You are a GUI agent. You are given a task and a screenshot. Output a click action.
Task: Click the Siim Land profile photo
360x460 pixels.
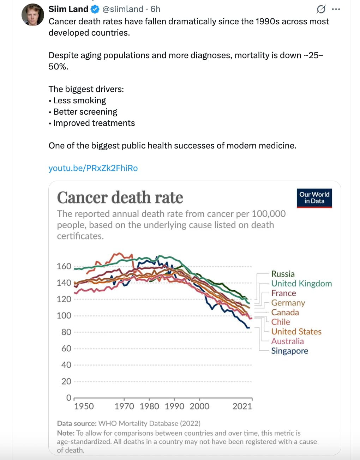(32, 15)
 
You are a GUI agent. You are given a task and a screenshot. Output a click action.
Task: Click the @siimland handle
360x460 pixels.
(123, 9)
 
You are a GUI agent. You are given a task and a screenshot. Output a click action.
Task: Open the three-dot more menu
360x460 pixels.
(336, 9)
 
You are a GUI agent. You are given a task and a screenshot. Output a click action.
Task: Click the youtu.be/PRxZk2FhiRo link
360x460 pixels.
(93, 168)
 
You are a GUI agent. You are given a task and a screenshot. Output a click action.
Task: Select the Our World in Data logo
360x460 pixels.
(314, 198)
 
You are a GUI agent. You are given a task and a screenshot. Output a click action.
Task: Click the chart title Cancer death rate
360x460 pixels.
(120, 198)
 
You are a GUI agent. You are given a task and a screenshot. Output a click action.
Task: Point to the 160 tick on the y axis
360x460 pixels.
(64, 266)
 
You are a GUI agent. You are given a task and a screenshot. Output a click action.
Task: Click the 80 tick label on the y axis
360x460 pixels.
(66, 332)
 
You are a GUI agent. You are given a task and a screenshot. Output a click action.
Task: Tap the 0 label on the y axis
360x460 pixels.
(68, 398)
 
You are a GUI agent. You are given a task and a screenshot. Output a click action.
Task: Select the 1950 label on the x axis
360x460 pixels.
(84, 406)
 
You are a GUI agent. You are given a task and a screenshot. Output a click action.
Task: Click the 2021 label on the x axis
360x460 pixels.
(242, 406)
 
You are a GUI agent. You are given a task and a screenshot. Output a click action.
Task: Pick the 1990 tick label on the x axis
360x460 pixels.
(174, 406)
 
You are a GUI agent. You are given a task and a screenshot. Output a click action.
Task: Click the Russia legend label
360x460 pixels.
(283, 274)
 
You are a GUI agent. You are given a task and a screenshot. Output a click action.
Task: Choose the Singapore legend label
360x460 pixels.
(289, 351)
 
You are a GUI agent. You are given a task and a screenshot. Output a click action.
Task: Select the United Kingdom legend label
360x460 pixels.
(301, 284)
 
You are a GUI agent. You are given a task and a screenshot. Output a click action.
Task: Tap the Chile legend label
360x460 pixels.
(281, 322)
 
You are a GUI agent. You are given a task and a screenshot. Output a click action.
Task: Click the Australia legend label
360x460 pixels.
(287, 341)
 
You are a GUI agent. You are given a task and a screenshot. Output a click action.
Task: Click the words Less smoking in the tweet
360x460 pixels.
(79, 101)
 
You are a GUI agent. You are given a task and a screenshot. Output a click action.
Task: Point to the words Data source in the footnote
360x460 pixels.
(77, 423)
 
